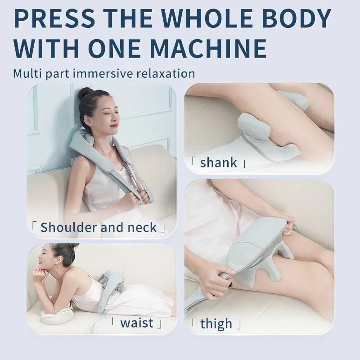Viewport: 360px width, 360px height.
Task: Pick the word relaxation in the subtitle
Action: click(165, 73)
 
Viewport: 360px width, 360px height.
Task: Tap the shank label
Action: click(218, 162)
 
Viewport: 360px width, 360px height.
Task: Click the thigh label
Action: click(216, 324)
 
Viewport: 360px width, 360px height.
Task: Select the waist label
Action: click(137, 323)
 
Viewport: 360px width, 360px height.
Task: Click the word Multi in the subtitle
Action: click(27, 73)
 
